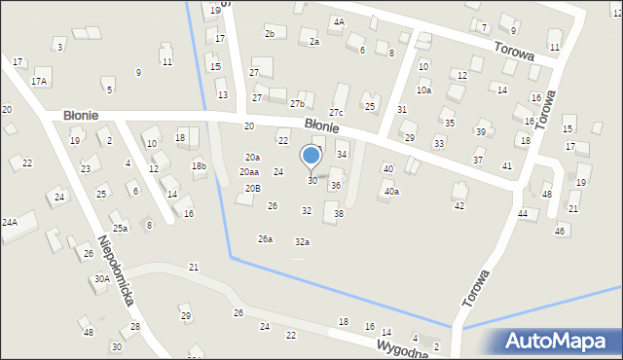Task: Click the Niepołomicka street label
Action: point(115,270)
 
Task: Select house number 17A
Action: point(38,82)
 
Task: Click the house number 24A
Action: point(9,223)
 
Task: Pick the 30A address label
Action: point(101,279)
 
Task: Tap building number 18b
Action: point(199,166)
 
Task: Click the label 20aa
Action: point(249,172)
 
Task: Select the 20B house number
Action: point(252,188)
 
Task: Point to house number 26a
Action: point(265,239)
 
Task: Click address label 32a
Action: point(303,242)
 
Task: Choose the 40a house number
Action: point(391,192)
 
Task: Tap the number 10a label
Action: point(423,90)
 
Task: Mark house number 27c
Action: point(336,114)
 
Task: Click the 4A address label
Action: point(338,20)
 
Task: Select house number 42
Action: point(459,205)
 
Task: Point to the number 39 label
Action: point(481,132)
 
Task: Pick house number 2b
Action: point(270,34)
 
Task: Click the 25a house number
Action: point(120,229)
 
